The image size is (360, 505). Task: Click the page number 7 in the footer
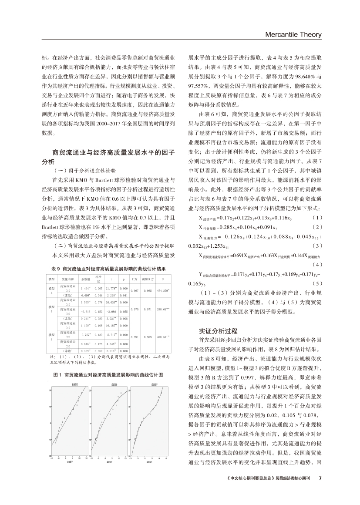(320, 478)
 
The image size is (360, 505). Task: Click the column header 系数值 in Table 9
(85, 279)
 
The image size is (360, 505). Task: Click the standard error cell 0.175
(98, 343)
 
